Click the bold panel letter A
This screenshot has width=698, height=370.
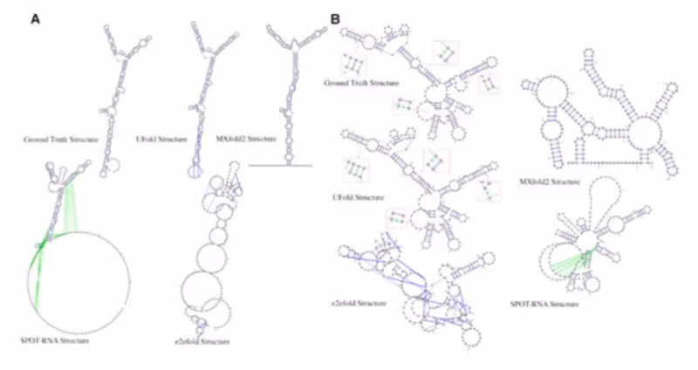[36, 18]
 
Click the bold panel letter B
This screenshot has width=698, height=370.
[335, 18]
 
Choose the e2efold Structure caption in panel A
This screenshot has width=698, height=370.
[202, 341]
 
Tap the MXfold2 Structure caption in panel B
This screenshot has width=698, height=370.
[552, 182]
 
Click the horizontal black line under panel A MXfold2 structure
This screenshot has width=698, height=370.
[280, 165]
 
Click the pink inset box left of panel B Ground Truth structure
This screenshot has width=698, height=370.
[354, 65]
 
